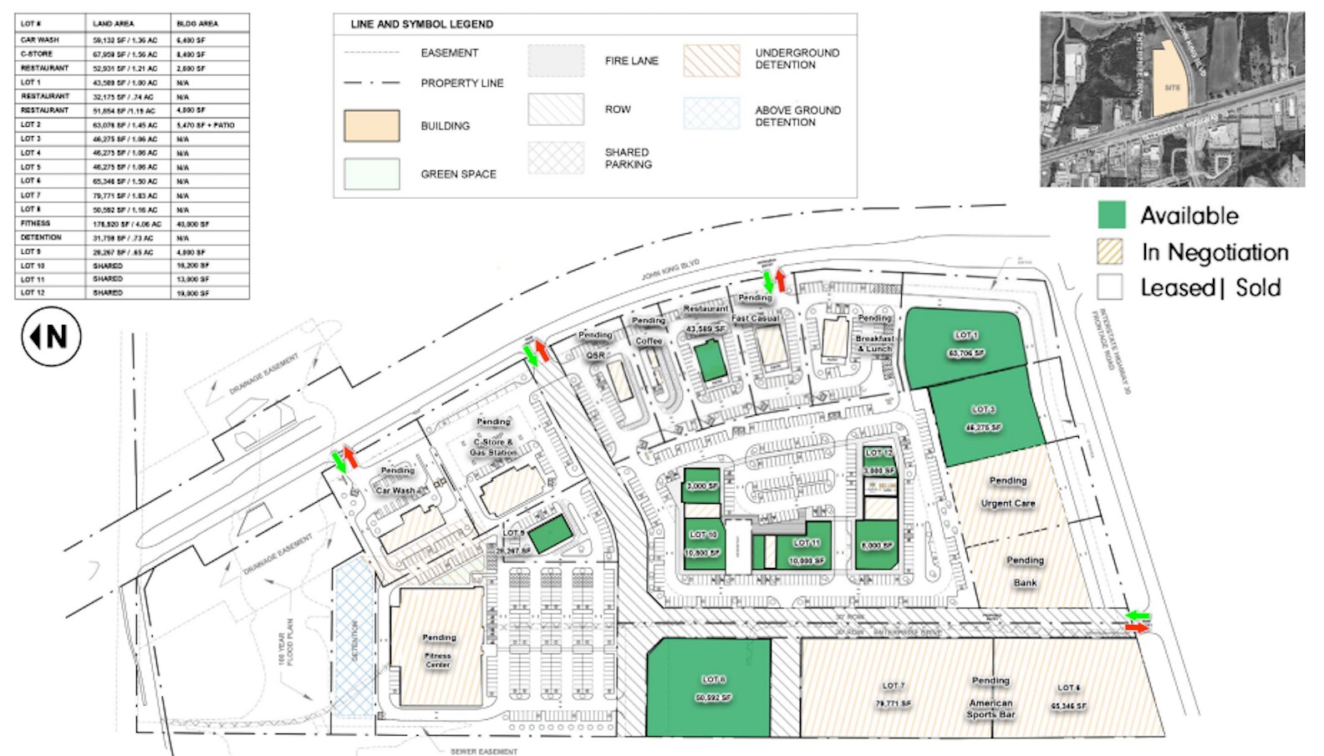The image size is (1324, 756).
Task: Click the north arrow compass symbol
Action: tap(51, 337)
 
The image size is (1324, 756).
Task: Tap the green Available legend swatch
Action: tap(1111, 215)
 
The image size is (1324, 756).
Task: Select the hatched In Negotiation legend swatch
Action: tap(1110, 251)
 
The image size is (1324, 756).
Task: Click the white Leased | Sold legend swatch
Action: tap(1110, 287)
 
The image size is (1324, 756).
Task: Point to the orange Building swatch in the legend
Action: tap(371, 126)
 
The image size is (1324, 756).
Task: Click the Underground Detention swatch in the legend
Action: tap(711, 60)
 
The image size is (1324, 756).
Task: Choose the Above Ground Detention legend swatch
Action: tap(711, 114)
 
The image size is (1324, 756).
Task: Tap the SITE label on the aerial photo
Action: tap(1172, 88)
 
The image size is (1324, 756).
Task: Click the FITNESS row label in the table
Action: tap(36, 223)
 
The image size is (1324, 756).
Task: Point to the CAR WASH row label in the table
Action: tap(39, 39)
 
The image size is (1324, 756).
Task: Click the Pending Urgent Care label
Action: tap(1008, 492)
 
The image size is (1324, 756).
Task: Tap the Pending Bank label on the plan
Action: tap(1025, 571)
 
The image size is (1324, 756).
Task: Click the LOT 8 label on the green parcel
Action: tap(713, 679)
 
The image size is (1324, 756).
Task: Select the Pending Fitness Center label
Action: tap(439, 650)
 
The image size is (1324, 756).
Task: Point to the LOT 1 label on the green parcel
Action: tap(965, 335)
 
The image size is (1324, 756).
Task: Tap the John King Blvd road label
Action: tap(670, 270)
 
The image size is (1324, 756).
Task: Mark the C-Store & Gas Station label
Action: tap(493, 447)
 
